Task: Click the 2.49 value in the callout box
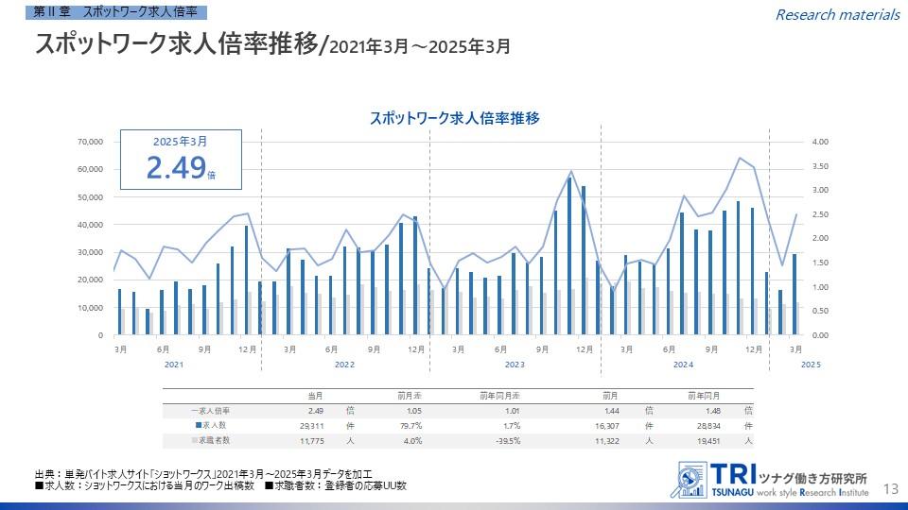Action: coord(176,167)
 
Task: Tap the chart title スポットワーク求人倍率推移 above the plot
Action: coord(454,118)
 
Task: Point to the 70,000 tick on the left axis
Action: coord(89,142)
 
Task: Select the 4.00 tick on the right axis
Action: coord(820,142)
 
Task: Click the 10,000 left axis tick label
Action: coord(89,308)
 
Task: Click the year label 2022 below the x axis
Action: coord(344,365)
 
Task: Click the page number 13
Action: coord(890,488)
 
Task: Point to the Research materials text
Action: coord(837,14)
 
